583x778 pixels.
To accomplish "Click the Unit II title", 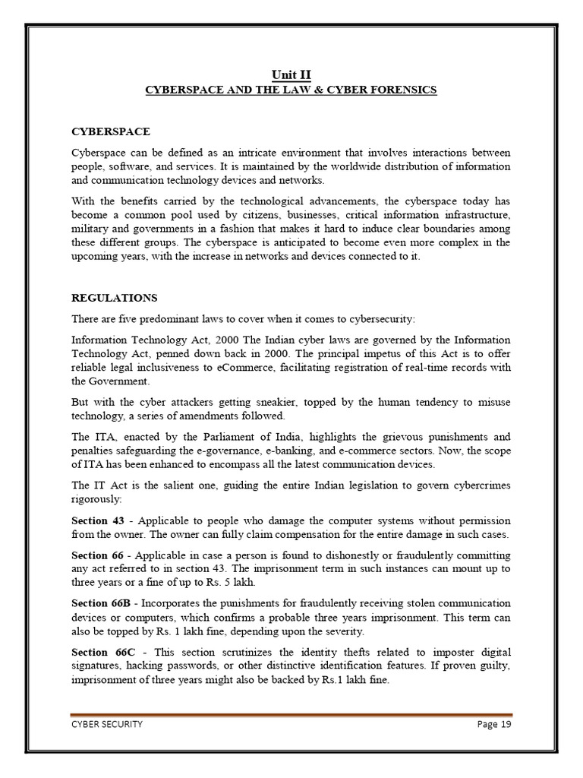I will [x=291, y=74].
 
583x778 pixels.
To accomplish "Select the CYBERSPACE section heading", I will [x=110, y=132].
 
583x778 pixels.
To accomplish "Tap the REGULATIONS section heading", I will [x=114, y=297].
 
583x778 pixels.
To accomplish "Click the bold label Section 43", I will [x=98, y=520].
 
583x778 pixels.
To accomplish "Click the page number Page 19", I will [x=494, y=724].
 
